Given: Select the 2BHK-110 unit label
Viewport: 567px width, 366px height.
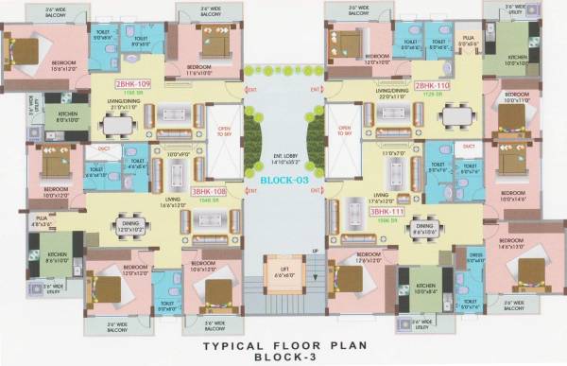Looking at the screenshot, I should click(432, 84).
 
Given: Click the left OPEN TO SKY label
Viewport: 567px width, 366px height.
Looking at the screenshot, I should click(223, 132).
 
